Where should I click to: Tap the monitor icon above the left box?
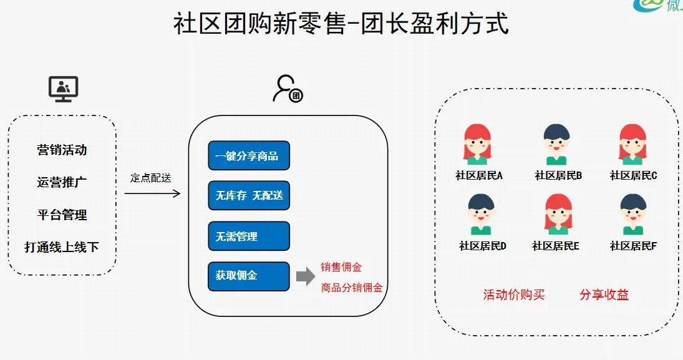63,89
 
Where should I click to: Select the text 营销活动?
62,150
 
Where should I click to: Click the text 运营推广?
62,182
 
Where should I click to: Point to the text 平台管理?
62,215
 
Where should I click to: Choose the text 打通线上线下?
62,247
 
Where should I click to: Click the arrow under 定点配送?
152,193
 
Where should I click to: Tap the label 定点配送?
150,178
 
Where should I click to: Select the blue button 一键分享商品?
249,156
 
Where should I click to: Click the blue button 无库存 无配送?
249,196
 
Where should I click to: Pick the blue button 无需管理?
249,236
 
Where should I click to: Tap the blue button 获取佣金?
249,276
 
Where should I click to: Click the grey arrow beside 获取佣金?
305,277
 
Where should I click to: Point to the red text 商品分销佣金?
352,288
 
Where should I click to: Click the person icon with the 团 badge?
287,89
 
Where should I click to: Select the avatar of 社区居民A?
478,144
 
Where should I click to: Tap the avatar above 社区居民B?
556,144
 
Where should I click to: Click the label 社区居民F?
633,246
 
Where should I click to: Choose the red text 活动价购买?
514,295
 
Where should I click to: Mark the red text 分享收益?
604,295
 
